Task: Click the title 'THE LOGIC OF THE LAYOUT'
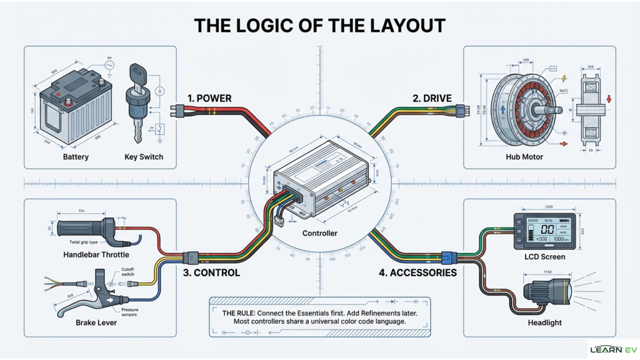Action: (319, 25)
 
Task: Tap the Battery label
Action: (76, 157)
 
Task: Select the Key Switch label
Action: (143, 157)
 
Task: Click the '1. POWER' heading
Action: (209, 98)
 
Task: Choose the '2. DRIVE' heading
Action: (432, 98)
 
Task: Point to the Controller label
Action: (319, 233)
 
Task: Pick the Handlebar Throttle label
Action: (96, 255)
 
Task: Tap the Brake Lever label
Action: (96, 322)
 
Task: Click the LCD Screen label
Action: (544, 256)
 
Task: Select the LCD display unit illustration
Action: (544, 229)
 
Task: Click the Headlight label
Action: (544, 322)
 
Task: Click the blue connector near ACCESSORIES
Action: (447, 257)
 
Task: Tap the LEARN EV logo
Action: (612, 349)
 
